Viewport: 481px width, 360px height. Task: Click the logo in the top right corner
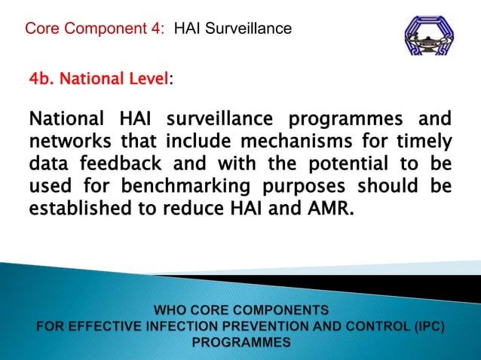[430, 37]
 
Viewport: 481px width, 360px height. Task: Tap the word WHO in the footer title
[174, 310]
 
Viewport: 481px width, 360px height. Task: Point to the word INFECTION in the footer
[200, 326]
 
